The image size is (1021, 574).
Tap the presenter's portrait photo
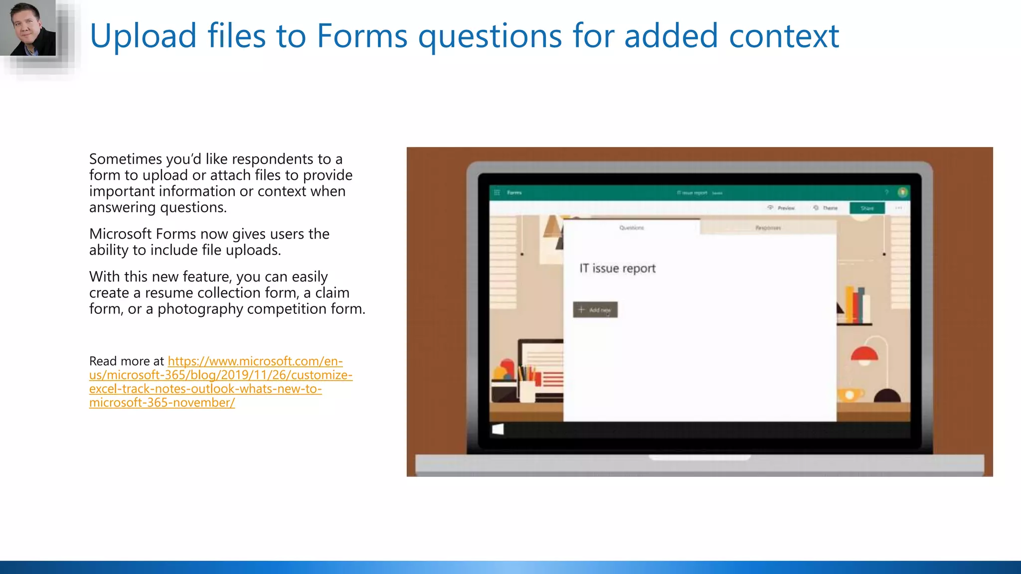click(x=28, y=28)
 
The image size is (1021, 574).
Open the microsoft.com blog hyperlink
click(x=220, y=382)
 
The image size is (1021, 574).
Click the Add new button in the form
click(x=595, y=309)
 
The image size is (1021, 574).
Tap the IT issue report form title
click(x=617, y=268)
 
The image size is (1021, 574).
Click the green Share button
click(x=867, y=208)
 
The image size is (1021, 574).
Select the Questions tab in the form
click(x=632, y=228)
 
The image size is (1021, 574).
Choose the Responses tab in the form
click(x=768, y=228)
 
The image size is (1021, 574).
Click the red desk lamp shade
click(x=864, y=354)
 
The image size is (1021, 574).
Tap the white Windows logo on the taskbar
click(x=498, y=430)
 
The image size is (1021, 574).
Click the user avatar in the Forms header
click(x=902, y=192)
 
